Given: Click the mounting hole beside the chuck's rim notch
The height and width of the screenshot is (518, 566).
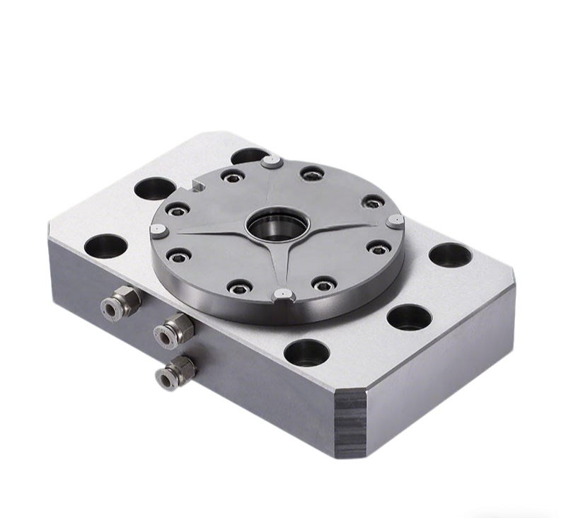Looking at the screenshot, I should pyautogui.click(x=151, y=188).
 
